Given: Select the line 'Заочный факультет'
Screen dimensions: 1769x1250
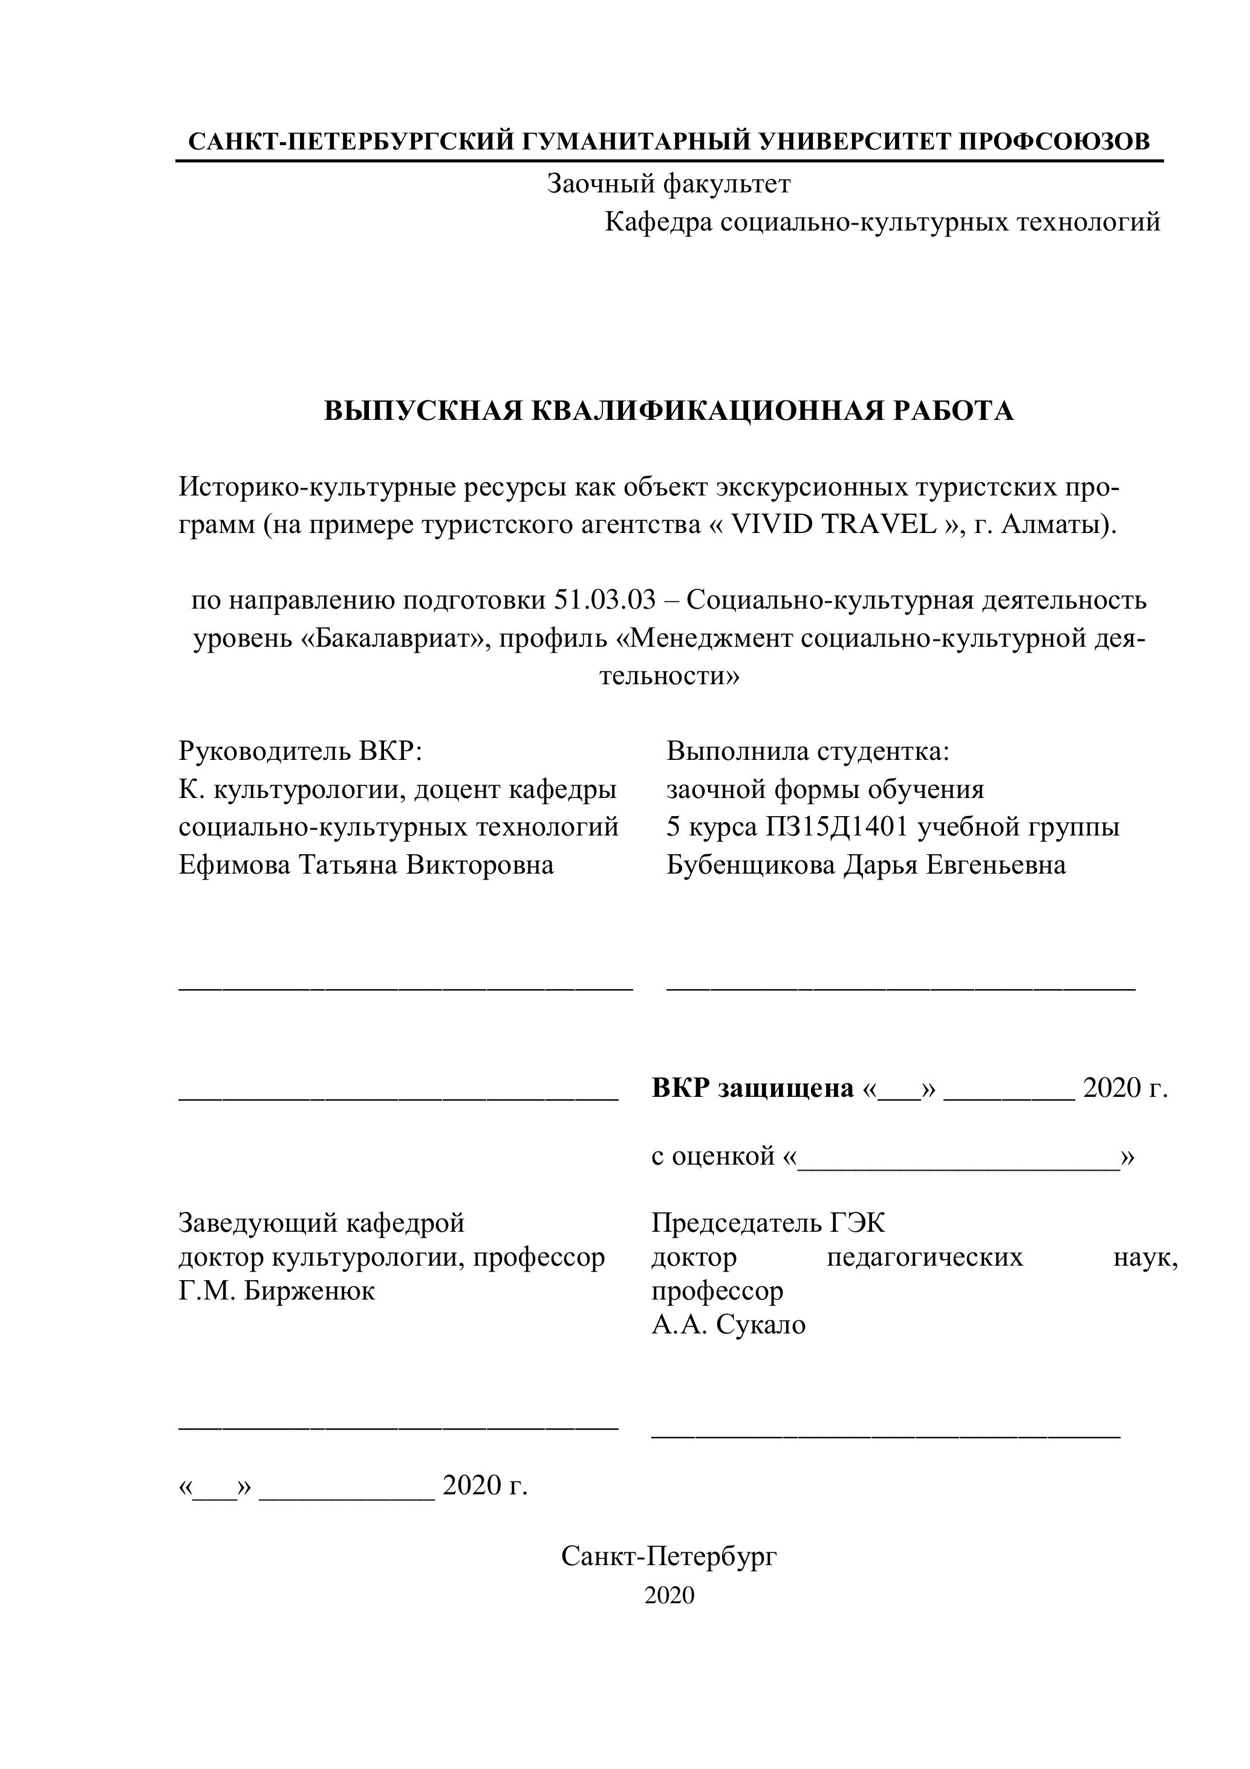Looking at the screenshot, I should click(668, 184).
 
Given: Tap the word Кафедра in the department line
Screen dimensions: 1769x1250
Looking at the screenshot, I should click(659, 223).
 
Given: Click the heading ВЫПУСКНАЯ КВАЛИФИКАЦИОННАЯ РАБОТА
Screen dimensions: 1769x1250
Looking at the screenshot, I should click(668, 411).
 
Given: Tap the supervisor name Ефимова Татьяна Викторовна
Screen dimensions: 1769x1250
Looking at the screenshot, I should click(366, 865).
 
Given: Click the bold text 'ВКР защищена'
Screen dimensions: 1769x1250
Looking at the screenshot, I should click(752, 1088).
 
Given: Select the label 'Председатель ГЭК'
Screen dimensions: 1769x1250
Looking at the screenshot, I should click(768, 1223).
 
